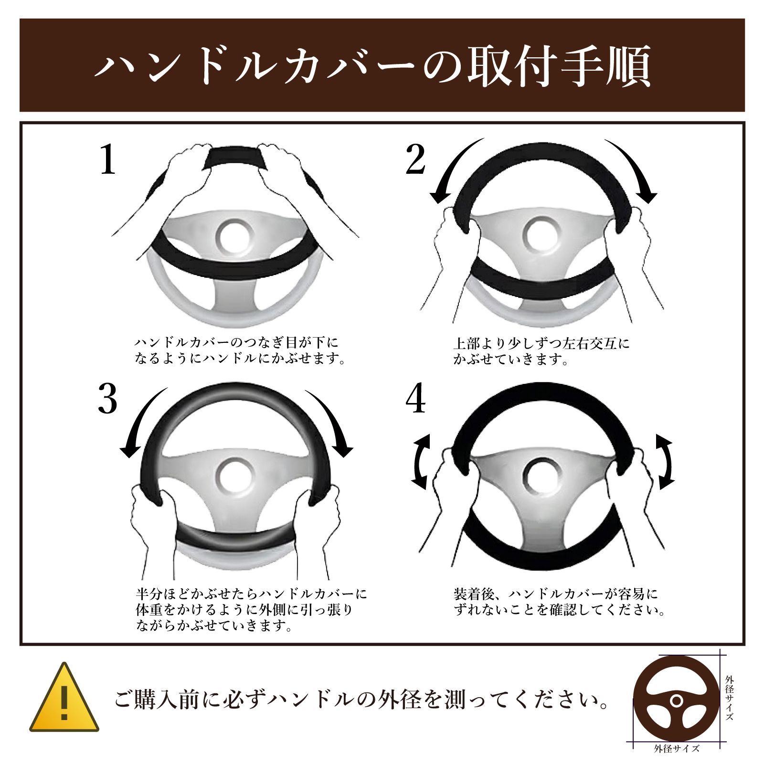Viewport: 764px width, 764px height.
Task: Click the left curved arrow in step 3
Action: pyautogui.click(x=138, y=420)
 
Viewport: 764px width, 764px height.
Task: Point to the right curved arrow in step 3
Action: pyautogui.click(x=332, y=420)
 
